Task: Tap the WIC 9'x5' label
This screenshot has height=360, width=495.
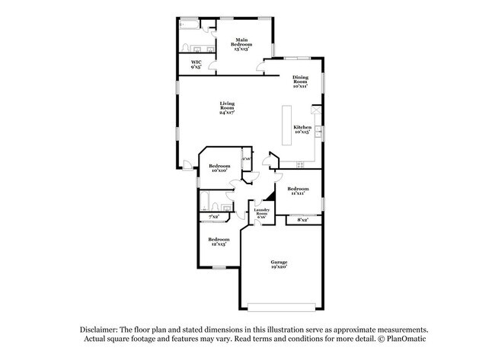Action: [196, 64]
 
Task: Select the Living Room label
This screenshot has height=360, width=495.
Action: [226, 107]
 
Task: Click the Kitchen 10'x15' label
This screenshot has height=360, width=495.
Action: [302, 129]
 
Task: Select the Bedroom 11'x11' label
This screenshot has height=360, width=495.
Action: [297, 190]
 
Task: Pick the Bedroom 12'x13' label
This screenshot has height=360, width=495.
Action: [219, 241]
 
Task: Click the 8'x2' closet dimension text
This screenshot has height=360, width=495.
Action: [302, 220]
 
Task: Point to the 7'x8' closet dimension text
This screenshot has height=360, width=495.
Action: [205, 218]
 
